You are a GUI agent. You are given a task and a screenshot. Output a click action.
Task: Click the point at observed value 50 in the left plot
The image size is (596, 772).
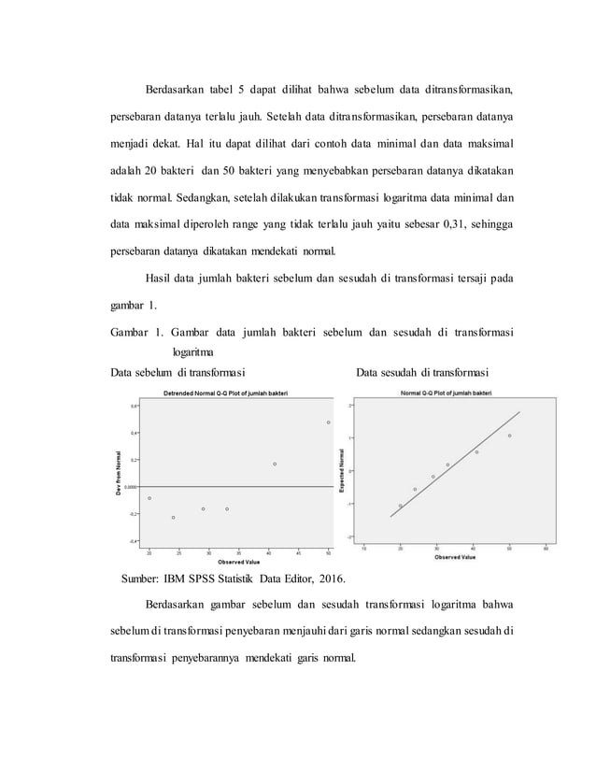pyautogui.click(x=328, y=422)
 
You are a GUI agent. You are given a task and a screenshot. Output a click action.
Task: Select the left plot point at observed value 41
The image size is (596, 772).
pyautogui.click(x=275, y=464)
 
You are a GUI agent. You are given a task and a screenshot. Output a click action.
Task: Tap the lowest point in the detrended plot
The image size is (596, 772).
pyautogui.click(x=173, y=517)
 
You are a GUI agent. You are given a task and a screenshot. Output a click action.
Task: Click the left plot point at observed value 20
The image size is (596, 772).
pyautogui.click(x=149, y=498)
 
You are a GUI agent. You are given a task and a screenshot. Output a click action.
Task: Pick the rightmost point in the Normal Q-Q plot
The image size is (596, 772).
pyautogui.click(x=509, y=436)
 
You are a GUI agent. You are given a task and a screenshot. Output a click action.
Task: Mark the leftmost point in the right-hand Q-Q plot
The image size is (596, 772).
pyautogui.click(x=401, y=506)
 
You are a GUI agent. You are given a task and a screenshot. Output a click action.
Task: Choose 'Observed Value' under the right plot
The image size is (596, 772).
pyautogui.click(x=455, y=558)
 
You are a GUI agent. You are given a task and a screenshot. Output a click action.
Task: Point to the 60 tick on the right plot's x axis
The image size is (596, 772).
pyautogui.click(x=545, y=549)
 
